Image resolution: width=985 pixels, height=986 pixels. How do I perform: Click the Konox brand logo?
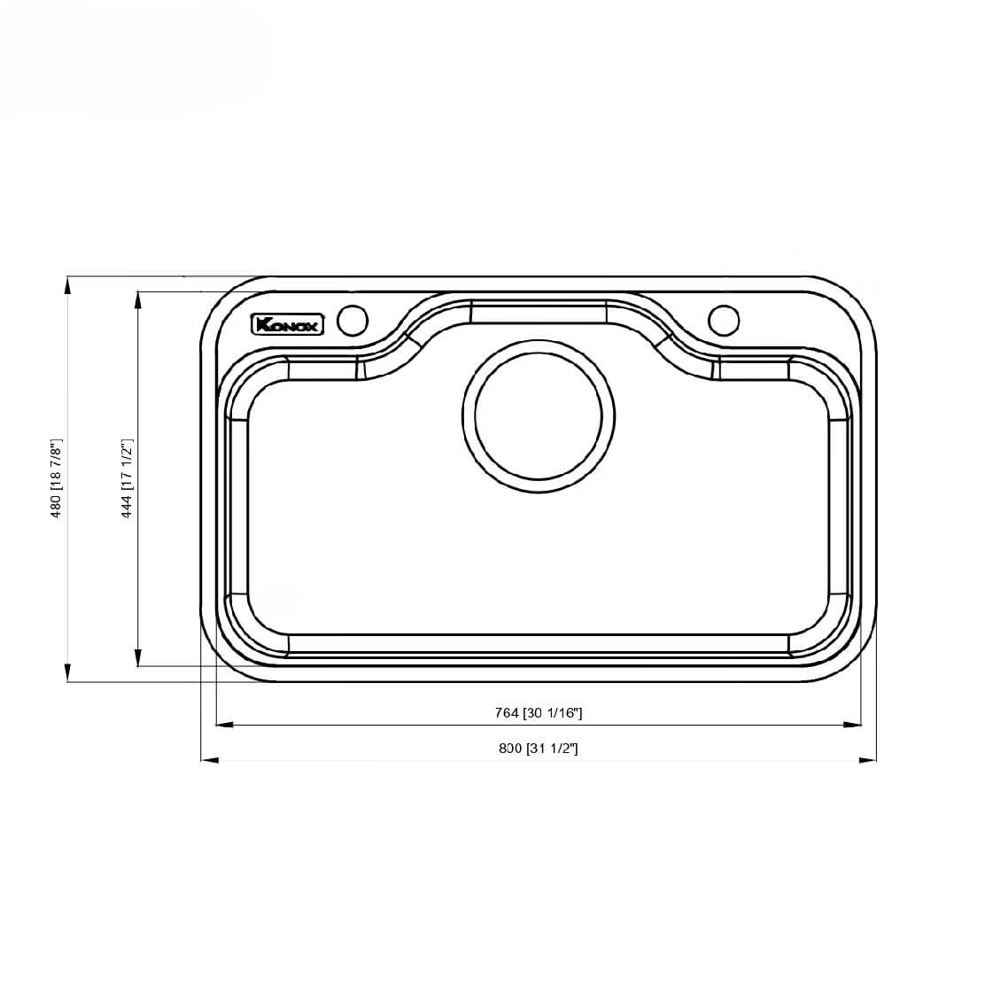[289, 324]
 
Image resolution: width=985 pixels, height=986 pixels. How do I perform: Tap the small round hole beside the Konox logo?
[353, 320]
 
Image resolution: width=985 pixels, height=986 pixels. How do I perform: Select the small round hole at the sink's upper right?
[723, 320]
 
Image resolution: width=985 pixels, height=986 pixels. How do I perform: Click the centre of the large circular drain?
[539, 415]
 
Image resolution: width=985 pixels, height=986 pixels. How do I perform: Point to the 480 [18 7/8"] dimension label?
[56, 478]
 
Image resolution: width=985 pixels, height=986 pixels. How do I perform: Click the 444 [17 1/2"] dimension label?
[127, 478]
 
